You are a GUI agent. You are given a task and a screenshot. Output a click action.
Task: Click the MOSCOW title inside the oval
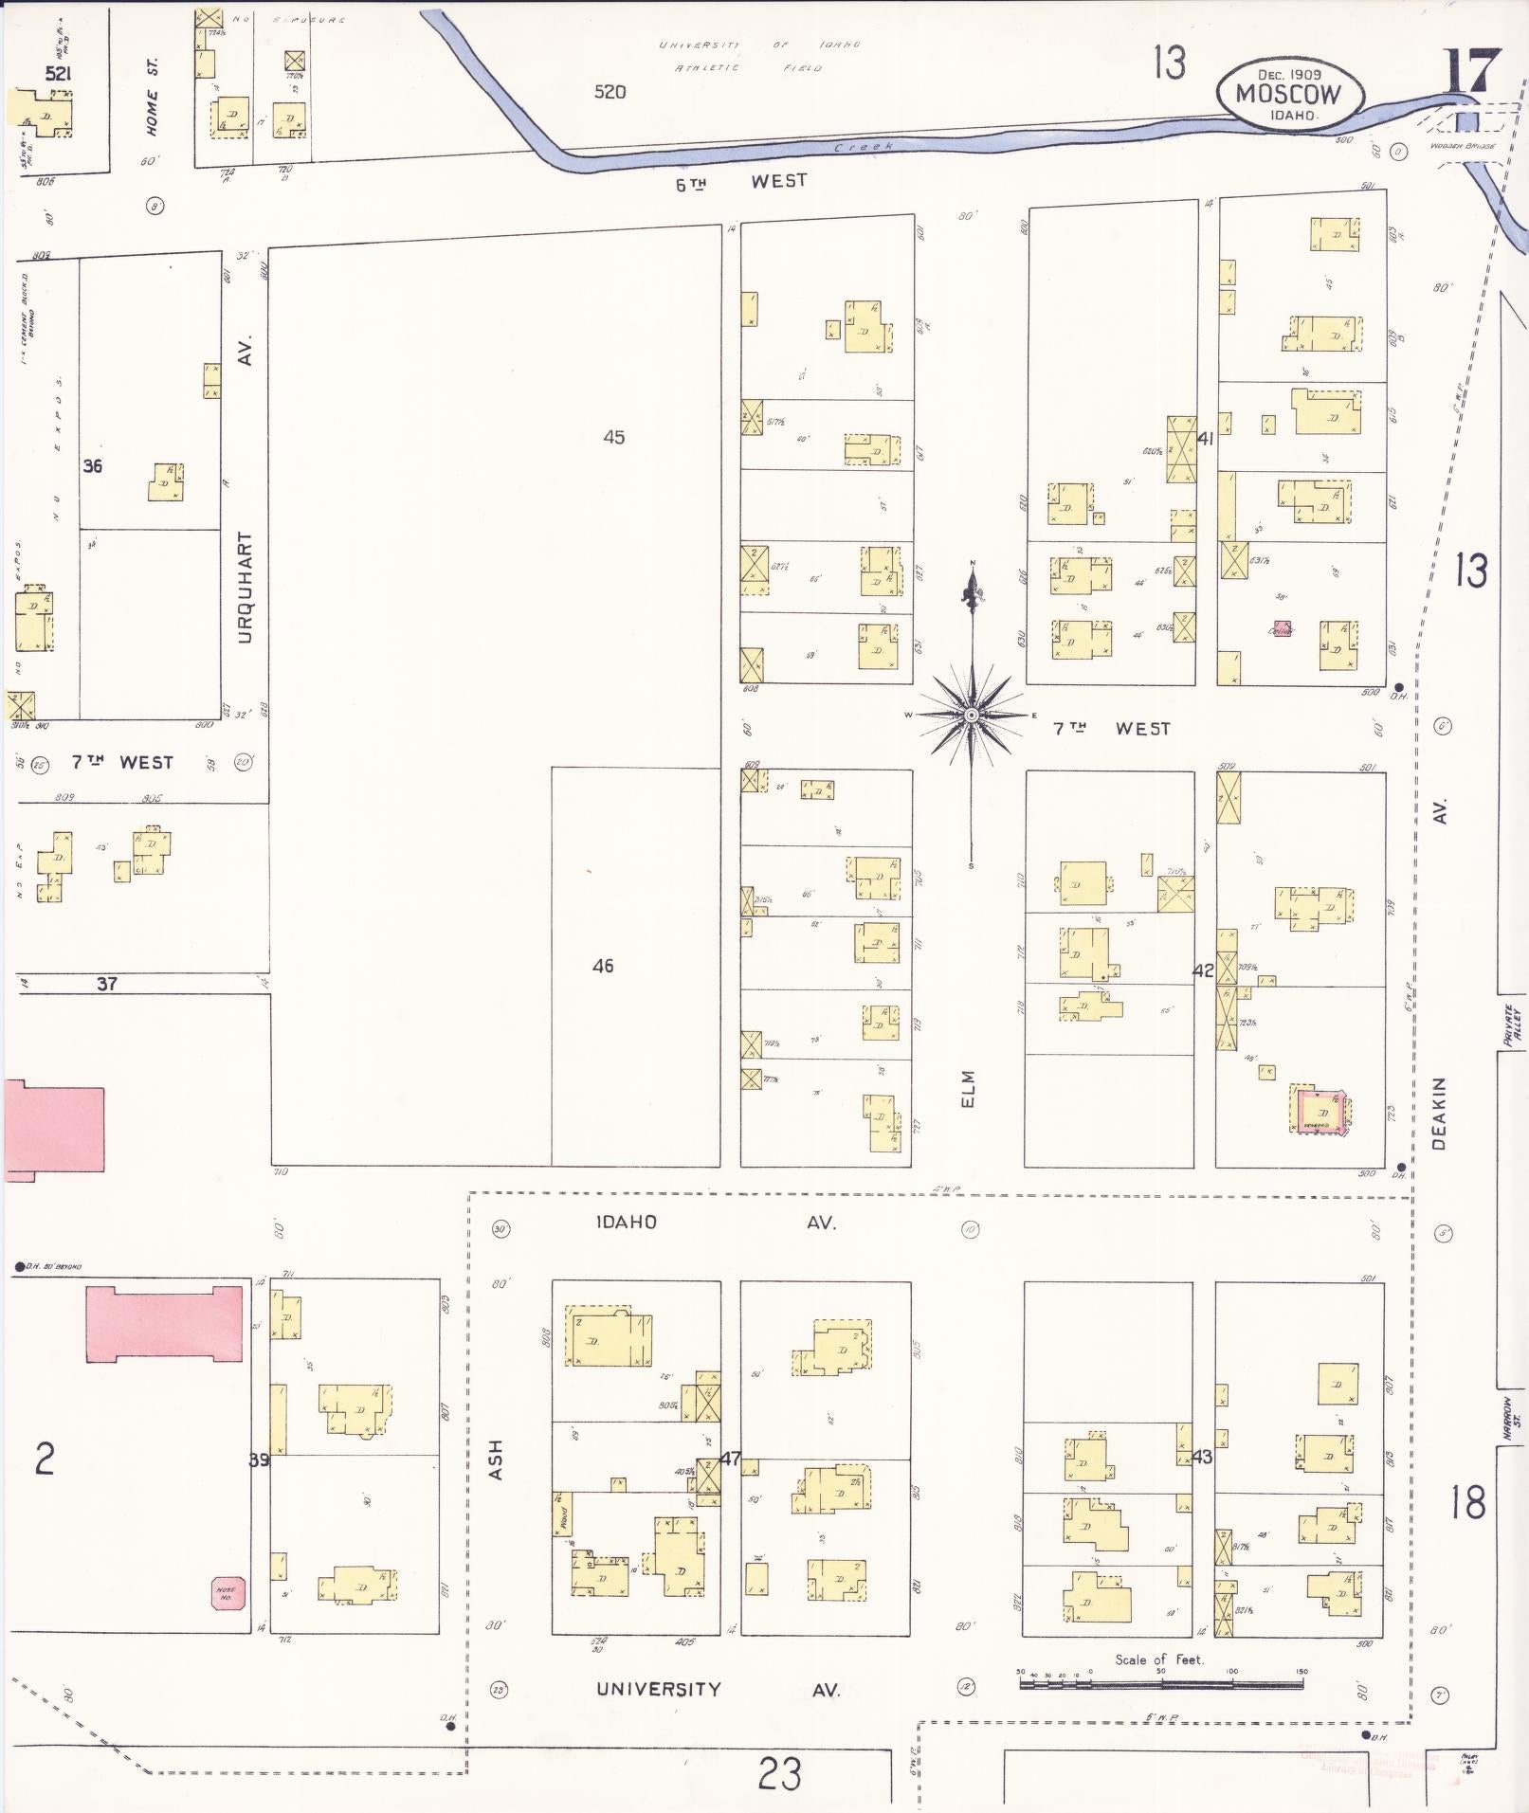click(x=1289, y=95)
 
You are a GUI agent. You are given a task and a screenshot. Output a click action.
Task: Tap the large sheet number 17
click(x=1472, y=70)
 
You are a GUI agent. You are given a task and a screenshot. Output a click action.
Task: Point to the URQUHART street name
click(x=246, y=588)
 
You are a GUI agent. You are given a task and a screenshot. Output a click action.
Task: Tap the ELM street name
click(x=968, y=1089)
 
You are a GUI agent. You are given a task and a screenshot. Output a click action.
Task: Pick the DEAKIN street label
click(x=1440, y=1114)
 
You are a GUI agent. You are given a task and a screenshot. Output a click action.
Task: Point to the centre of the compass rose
click(x=972, y=715)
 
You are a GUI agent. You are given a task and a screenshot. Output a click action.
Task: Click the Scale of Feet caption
click(x=1158, y=1659)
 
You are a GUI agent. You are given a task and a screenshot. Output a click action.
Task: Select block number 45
click(x=613, y=437)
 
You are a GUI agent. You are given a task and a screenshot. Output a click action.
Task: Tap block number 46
click(x=603, y=966)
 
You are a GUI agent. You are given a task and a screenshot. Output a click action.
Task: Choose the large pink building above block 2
click(x=164, y=1324)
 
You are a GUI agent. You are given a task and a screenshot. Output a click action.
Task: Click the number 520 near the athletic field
click(x=610, y=92)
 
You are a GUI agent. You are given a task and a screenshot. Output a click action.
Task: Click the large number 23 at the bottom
click(x=779, y=1773)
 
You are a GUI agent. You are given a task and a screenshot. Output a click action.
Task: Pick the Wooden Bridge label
click(x=1463, y=147)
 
